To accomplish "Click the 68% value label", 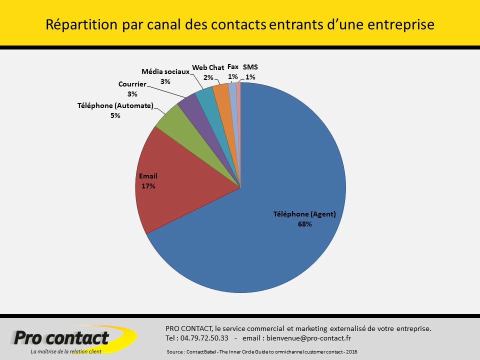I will pos(304,224).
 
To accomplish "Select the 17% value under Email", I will pos(148,186).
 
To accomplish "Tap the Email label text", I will pos(147,176).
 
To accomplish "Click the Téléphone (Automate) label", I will pos(115,105).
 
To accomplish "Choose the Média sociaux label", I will pos(165,71).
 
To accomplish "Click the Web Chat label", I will pos(208,67).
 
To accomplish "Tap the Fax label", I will pos(233,66).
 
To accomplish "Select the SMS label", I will pos(250,66).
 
